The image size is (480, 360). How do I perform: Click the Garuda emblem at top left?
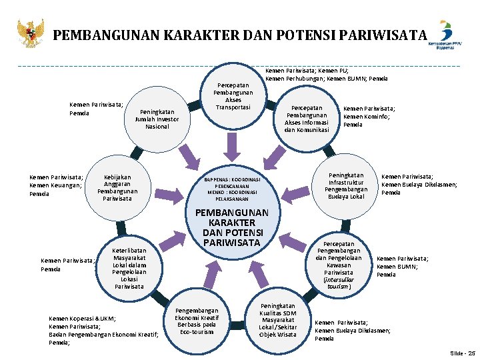coord(31,33)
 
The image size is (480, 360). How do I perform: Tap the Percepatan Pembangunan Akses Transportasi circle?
coord(233,96)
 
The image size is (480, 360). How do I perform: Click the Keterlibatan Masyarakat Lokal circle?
coord(129,267)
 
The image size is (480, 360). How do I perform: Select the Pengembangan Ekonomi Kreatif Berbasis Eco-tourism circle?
coord(197,320)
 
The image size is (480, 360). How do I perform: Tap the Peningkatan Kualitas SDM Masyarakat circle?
coord(278,320)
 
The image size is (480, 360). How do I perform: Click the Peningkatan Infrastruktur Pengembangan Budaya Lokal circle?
coord(347,185)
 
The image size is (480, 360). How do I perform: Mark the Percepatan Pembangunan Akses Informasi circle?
coord(307,119)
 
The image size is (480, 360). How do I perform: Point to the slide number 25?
coord(463,353)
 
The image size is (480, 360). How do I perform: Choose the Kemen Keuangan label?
coord(55,185)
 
